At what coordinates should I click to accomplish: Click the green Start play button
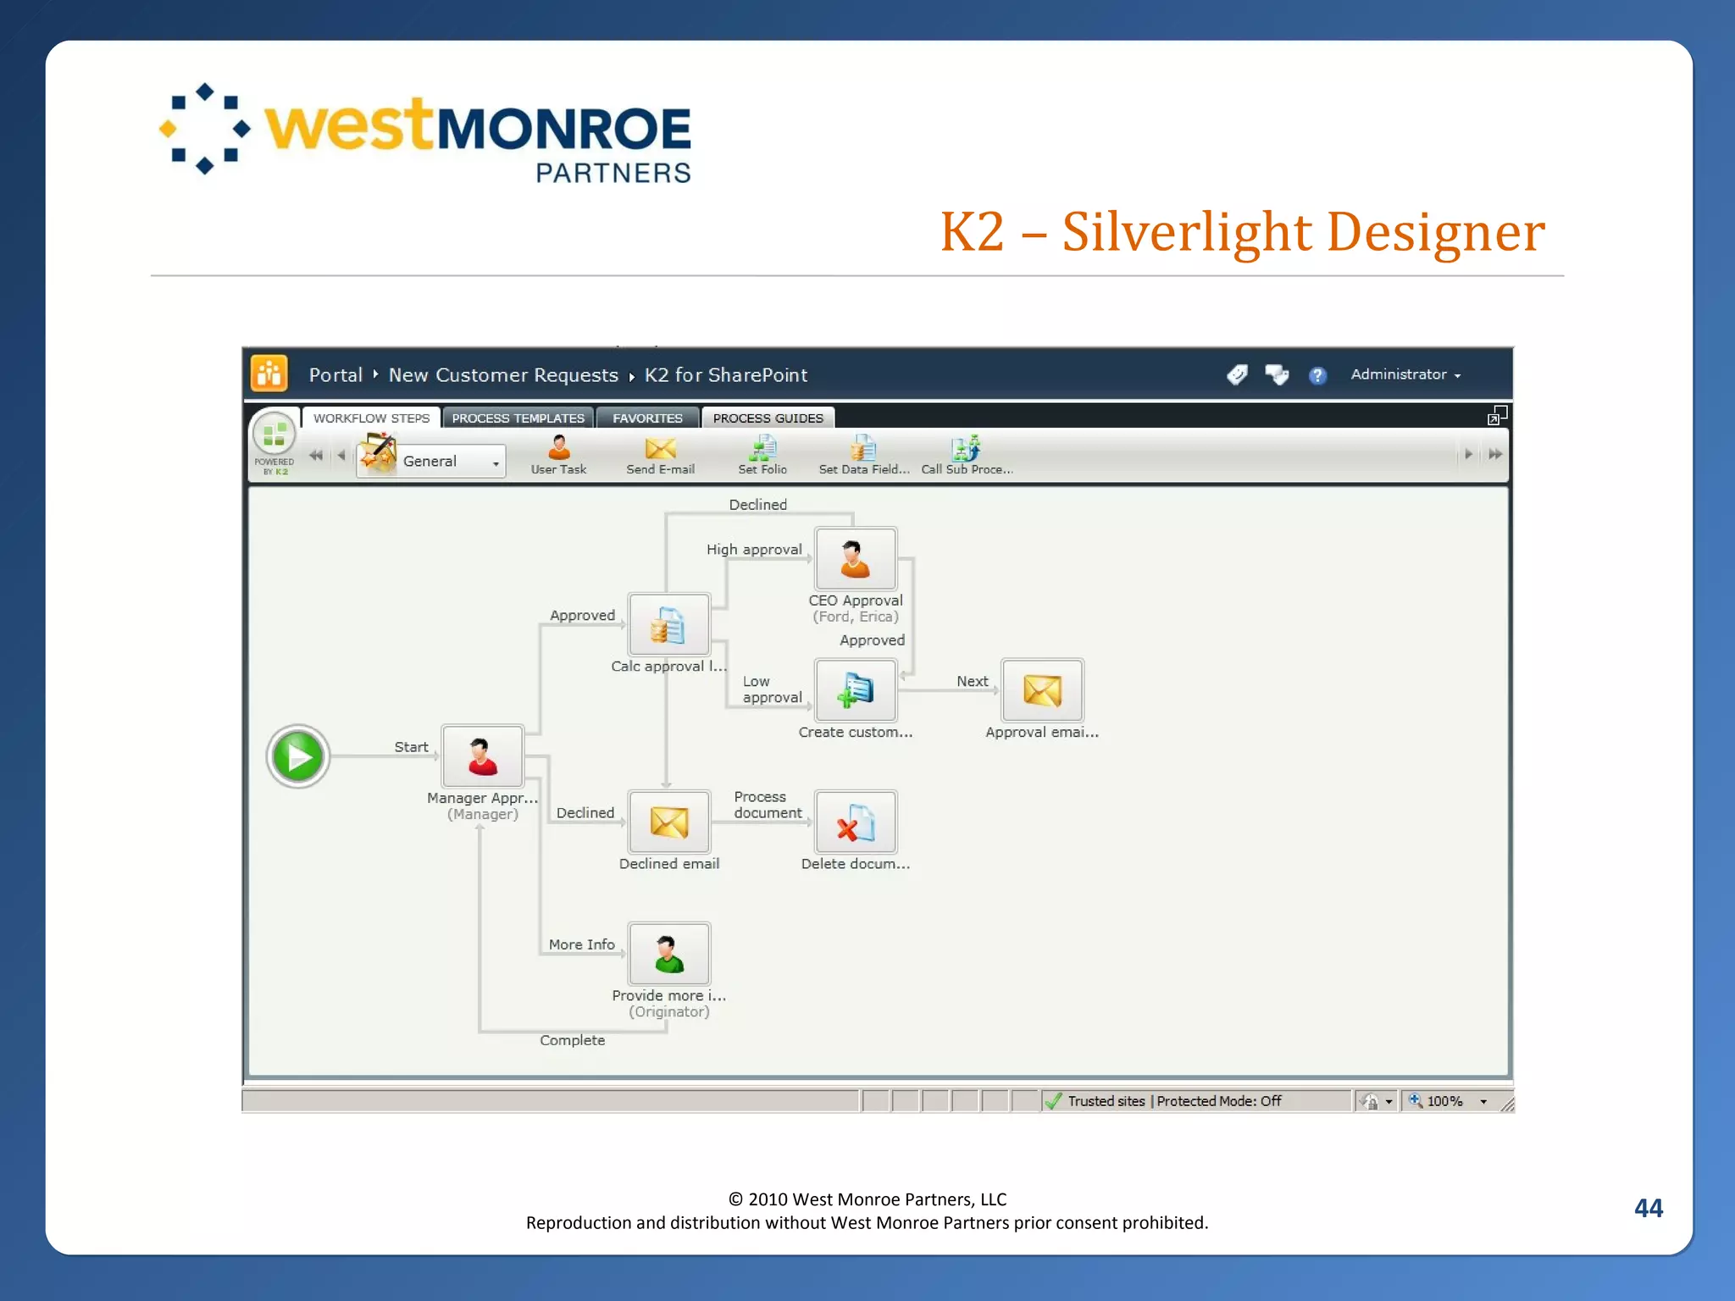click(298, 756)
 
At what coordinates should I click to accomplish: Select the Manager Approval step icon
click(482, 756)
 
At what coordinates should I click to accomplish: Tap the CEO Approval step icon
click(855, 559)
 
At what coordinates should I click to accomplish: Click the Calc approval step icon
click(668, 626)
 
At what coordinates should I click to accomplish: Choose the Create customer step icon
click(855, 690)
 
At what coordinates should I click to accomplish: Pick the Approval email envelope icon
click(1042, 690)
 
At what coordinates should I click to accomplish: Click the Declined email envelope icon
click(668, 822)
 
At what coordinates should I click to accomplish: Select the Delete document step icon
click(855, 822)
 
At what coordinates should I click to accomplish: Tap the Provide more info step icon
click(668, 954)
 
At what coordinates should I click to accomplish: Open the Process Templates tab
click(518, 418)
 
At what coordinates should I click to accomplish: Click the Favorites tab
click(647, 418)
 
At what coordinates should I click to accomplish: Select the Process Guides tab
click(768, 418)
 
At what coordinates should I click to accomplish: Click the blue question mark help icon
click(1317, 375)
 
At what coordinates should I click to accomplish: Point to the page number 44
click(1648, 1208)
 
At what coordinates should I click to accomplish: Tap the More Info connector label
click(581, 944)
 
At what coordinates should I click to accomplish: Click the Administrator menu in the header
click(1405, 374)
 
